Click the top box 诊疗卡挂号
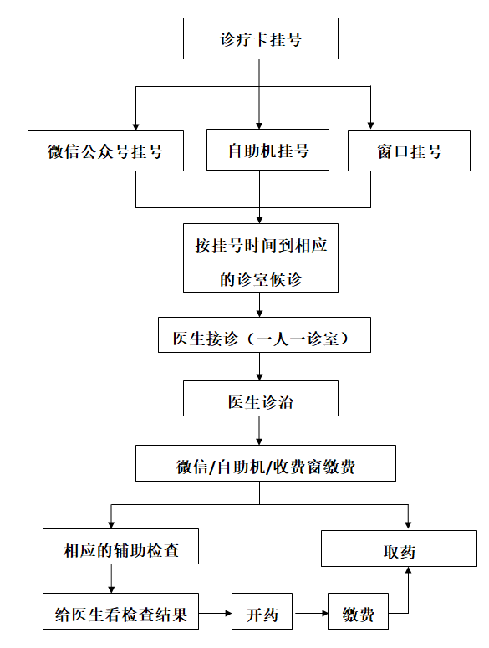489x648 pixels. [261, 38]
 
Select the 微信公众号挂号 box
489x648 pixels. [105, 151]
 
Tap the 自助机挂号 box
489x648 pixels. [267, 150]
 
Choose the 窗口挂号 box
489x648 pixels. [409, 151]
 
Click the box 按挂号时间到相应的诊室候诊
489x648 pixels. [261, 258]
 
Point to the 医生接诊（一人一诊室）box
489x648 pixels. [264, 334]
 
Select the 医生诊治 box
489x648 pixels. [261, 398]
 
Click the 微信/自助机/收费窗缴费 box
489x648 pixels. [266, 463]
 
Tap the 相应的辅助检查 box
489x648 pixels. [120, 546]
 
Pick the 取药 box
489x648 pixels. [399, 549]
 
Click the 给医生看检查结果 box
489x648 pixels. [120, 611]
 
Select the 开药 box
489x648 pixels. [262, 611]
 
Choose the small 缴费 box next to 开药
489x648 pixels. [358, 611]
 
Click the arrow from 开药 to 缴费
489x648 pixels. [310, 613]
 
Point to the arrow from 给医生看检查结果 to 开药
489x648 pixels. [215, 613]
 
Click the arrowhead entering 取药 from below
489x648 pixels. [408, 570]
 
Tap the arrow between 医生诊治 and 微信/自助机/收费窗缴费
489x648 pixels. [259, 431]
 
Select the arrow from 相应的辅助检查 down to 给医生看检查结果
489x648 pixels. [111, 579]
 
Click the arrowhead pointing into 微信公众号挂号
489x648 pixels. [136, 127]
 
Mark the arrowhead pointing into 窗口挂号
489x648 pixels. [370, 126]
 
